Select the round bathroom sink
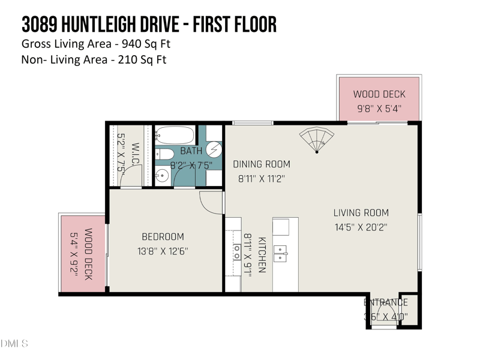tap(161, 176)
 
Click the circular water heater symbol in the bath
tap(214, 148)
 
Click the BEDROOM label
tap(163, 236)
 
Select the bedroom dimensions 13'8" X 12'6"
tap(163, 251)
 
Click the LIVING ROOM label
tap(361, 212)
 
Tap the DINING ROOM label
tap(261, 164)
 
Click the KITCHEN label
tap(262, 255)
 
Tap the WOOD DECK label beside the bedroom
tap(88, 254)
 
